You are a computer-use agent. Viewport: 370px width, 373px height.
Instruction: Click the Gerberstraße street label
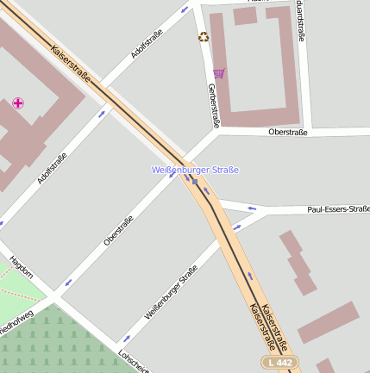(x=214, y=104)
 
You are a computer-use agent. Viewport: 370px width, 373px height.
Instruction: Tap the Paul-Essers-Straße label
(x=338, y=209)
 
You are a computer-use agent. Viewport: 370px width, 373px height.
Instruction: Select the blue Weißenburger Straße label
(x=195, y=170)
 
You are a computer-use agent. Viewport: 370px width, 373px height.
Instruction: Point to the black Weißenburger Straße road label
(x=171, y=293)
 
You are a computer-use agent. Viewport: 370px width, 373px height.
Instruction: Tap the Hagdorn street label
(x=21, y=267)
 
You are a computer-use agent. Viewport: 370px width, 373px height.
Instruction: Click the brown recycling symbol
(x=204, y=36)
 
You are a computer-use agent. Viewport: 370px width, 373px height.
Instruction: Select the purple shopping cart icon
(x=219, y=73)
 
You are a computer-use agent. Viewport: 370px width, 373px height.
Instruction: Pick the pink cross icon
(x=18, y=103)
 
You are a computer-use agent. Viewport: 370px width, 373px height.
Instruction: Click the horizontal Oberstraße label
(x=289, y=132)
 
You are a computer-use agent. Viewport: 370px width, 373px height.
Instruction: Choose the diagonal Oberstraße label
(x=119, y=230)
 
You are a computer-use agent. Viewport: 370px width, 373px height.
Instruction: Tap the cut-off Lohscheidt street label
(x=128, y=361)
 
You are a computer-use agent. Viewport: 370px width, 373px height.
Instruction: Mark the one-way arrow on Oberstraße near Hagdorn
(x=67, y=281)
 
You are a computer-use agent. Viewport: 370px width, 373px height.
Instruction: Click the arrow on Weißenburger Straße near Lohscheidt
(x=127, y=338)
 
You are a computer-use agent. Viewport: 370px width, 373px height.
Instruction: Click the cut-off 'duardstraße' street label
(x=299, y=19)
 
